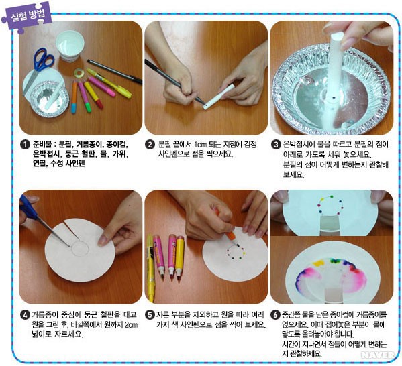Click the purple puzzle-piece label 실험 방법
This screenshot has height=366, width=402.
pos(27,17)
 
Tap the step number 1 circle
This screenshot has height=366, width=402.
pos(25,145)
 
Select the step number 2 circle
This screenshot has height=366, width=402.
pos(150,145)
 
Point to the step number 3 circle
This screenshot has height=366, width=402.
pos(276,145)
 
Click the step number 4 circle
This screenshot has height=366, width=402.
pos(25,315)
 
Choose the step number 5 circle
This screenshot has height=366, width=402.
pos(150,315)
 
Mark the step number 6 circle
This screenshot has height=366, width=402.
pos(276,315)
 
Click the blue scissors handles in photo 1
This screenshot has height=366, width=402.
pos(43,60)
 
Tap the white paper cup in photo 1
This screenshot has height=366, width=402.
pos(70,46)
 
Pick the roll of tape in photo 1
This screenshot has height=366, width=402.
pos(79,73)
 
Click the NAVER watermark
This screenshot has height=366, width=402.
pos(377,355)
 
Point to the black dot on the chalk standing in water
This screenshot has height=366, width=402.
pos(334,97)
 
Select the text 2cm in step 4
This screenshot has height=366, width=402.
pos(131,325)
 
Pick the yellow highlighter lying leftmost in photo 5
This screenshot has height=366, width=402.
pos(150,268)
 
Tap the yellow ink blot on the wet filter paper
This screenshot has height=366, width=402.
pos(319,263)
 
